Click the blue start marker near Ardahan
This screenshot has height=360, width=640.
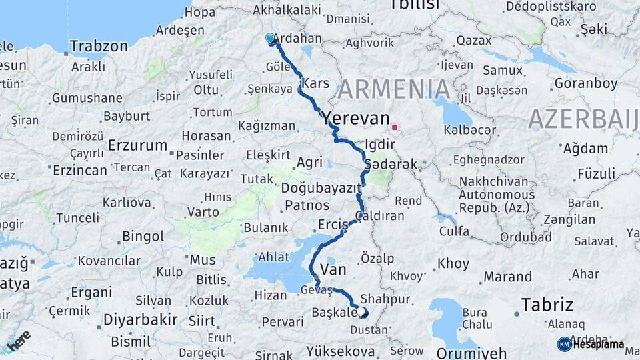pos(270,39)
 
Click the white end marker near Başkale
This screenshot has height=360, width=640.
pos(361,311)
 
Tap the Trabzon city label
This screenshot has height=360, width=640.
pos(99,46)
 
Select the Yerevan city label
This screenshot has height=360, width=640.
pos(356,119)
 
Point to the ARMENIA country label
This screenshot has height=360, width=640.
pos(394,89)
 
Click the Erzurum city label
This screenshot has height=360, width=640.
pos(138,145)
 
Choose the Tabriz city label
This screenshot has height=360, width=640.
pos(547,305)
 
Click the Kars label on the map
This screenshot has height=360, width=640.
pos(315,84)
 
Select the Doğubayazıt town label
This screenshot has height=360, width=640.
pos(321,188)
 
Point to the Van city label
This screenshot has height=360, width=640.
pos(333,269)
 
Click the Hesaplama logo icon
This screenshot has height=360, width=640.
pos(564,344)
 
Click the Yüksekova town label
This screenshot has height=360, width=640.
pos(344,350)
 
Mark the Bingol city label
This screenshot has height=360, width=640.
pos(143,236)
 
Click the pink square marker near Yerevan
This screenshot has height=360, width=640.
pos(395,127)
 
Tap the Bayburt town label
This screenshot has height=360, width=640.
pos(126,115)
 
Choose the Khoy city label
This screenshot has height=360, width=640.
pos(453,263)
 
